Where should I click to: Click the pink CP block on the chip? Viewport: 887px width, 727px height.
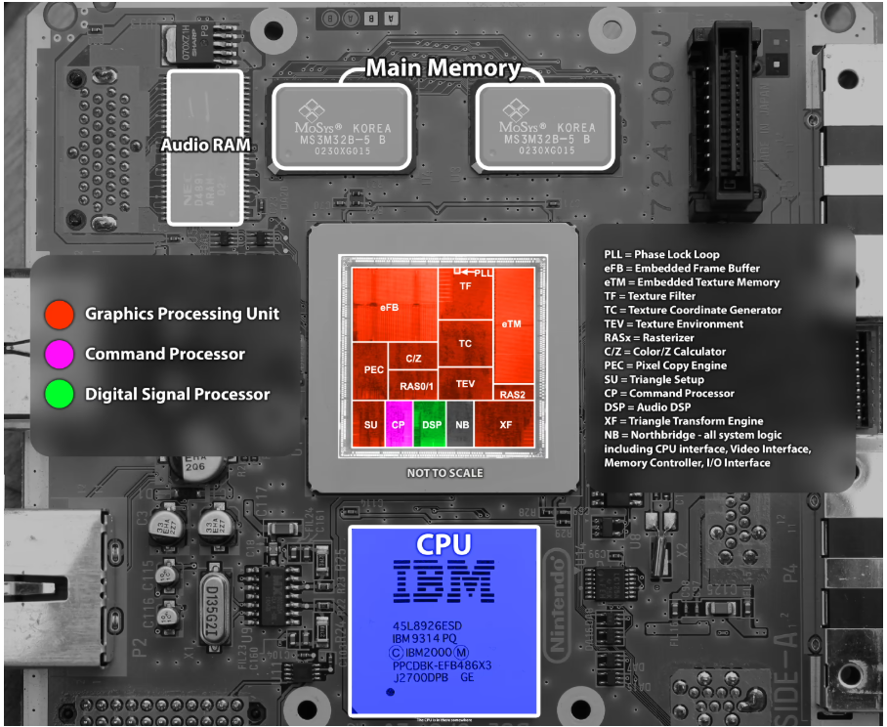coord(398,424)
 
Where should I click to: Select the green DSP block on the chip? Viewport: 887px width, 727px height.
coord(431,424)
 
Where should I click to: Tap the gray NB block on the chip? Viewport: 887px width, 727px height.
coord(462,424)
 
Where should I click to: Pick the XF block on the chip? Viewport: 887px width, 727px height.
coord(505,424)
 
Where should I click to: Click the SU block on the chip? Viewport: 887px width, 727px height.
coord(370,424)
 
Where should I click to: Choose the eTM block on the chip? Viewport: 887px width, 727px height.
coord(512,322)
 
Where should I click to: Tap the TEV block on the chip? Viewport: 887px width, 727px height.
coord(465,383)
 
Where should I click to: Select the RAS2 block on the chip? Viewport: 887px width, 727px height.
coord(512,394)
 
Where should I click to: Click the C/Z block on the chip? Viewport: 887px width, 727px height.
coord(413,359)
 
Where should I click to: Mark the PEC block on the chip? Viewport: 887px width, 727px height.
coord(373,369)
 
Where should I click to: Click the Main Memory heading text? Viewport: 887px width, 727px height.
coord(443,68)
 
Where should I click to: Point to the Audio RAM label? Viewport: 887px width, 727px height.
coord(205,146)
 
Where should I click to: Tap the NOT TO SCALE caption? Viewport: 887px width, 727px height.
coord(444,473)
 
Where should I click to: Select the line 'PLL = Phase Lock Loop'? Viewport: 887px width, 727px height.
coord(661,255)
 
